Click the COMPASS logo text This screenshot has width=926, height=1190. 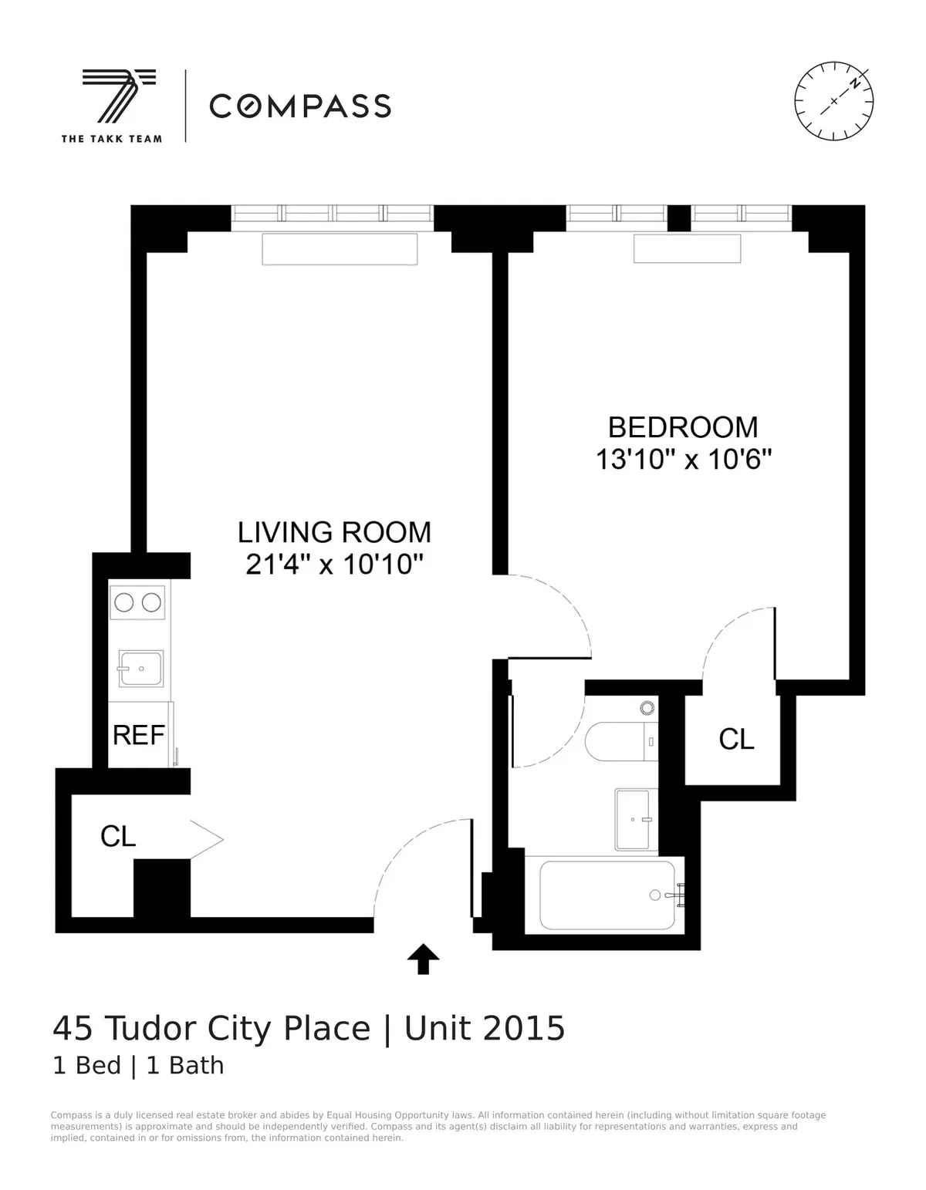click(300, 106)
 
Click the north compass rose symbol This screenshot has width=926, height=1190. click(834, 100)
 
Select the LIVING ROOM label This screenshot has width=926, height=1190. click(334, 532)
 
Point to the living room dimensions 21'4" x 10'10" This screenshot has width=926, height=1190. click(334, 565)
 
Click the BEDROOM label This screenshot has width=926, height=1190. click(683, 427)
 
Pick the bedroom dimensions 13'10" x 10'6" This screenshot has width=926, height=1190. click(684, 460)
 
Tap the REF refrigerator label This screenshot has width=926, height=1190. click(139, 735)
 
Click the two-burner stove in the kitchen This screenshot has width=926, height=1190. click(138, 602)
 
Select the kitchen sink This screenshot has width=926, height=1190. click(140, 668)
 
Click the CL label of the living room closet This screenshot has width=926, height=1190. click(118, 836)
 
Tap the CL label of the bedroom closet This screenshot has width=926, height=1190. click(736, 740)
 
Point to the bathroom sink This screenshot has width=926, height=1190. click(636, 818)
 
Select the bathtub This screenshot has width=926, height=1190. click(607, 895)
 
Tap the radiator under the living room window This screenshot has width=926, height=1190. click(340, 249)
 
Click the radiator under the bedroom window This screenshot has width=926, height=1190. click(687, 248)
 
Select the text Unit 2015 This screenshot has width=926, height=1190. click(485, 1029)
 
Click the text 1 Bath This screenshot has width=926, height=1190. click(185, 1066)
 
